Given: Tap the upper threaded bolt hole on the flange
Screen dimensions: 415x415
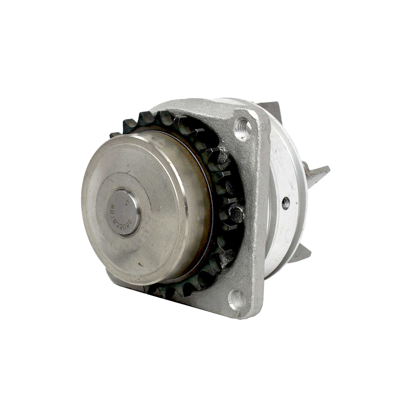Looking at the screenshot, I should tap(244, 129).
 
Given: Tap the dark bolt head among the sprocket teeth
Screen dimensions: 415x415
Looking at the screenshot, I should tap(236, 214).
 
